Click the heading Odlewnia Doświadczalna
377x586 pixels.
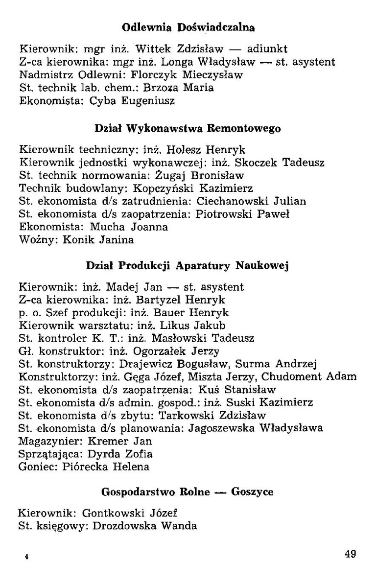(x=188, y=28)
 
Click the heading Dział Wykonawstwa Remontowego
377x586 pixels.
(x=188, y=129)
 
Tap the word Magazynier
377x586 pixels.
(x=47, y=441)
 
